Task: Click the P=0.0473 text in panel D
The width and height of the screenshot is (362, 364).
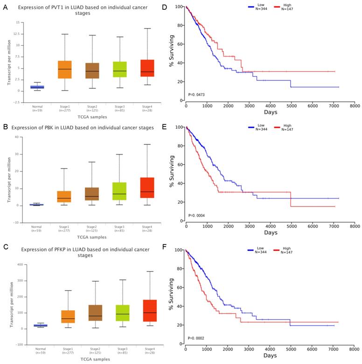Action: pos(198,95)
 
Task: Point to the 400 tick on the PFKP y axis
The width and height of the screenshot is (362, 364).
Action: pos(19,264)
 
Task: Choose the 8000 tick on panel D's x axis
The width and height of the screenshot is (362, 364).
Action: pos(354,106)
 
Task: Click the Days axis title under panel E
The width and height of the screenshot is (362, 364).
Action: pos(270,233)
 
